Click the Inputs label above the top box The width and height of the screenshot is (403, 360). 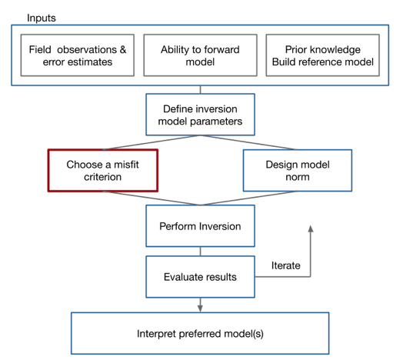point(42,18)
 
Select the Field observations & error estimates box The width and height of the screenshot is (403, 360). point(78,55)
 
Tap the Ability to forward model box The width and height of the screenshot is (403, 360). point(200,55)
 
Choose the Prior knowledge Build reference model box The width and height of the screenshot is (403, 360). point(323,55)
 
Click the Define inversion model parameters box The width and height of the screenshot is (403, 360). point(200,115)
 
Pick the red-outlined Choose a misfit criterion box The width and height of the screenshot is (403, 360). point(103,171)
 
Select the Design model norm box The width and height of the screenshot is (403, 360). point(298,171)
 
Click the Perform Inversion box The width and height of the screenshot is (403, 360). point(200,226)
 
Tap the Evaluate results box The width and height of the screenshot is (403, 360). point(200,277)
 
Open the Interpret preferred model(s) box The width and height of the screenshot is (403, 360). point(200,334)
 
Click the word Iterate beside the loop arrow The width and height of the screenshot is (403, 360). point(286,265)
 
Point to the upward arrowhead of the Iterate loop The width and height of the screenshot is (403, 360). point(311,228)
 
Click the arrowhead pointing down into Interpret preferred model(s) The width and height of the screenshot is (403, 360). point(200,308)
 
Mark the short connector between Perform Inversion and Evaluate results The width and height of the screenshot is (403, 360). point(200,252)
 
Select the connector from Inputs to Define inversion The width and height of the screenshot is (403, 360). point(200,90)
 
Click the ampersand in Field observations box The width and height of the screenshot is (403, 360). point(123,50)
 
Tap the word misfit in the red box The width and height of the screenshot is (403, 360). point(126,165)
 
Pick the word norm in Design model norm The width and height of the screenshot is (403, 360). point(298,177)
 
